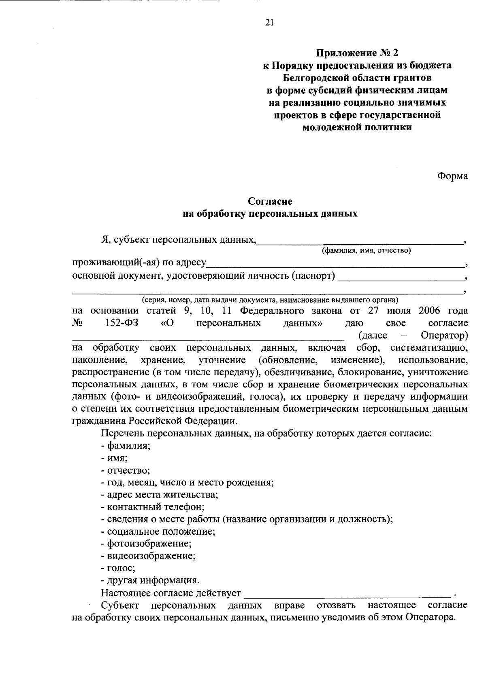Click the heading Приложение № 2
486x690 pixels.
357,53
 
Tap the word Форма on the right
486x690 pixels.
452,176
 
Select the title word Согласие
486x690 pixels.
270,201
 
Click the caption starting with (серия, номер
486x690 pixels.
270,300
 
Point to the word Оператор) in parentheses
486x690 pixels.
444,335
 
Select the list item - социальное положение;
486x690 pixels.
158,531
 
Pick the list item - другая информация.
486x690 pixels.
150,580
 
